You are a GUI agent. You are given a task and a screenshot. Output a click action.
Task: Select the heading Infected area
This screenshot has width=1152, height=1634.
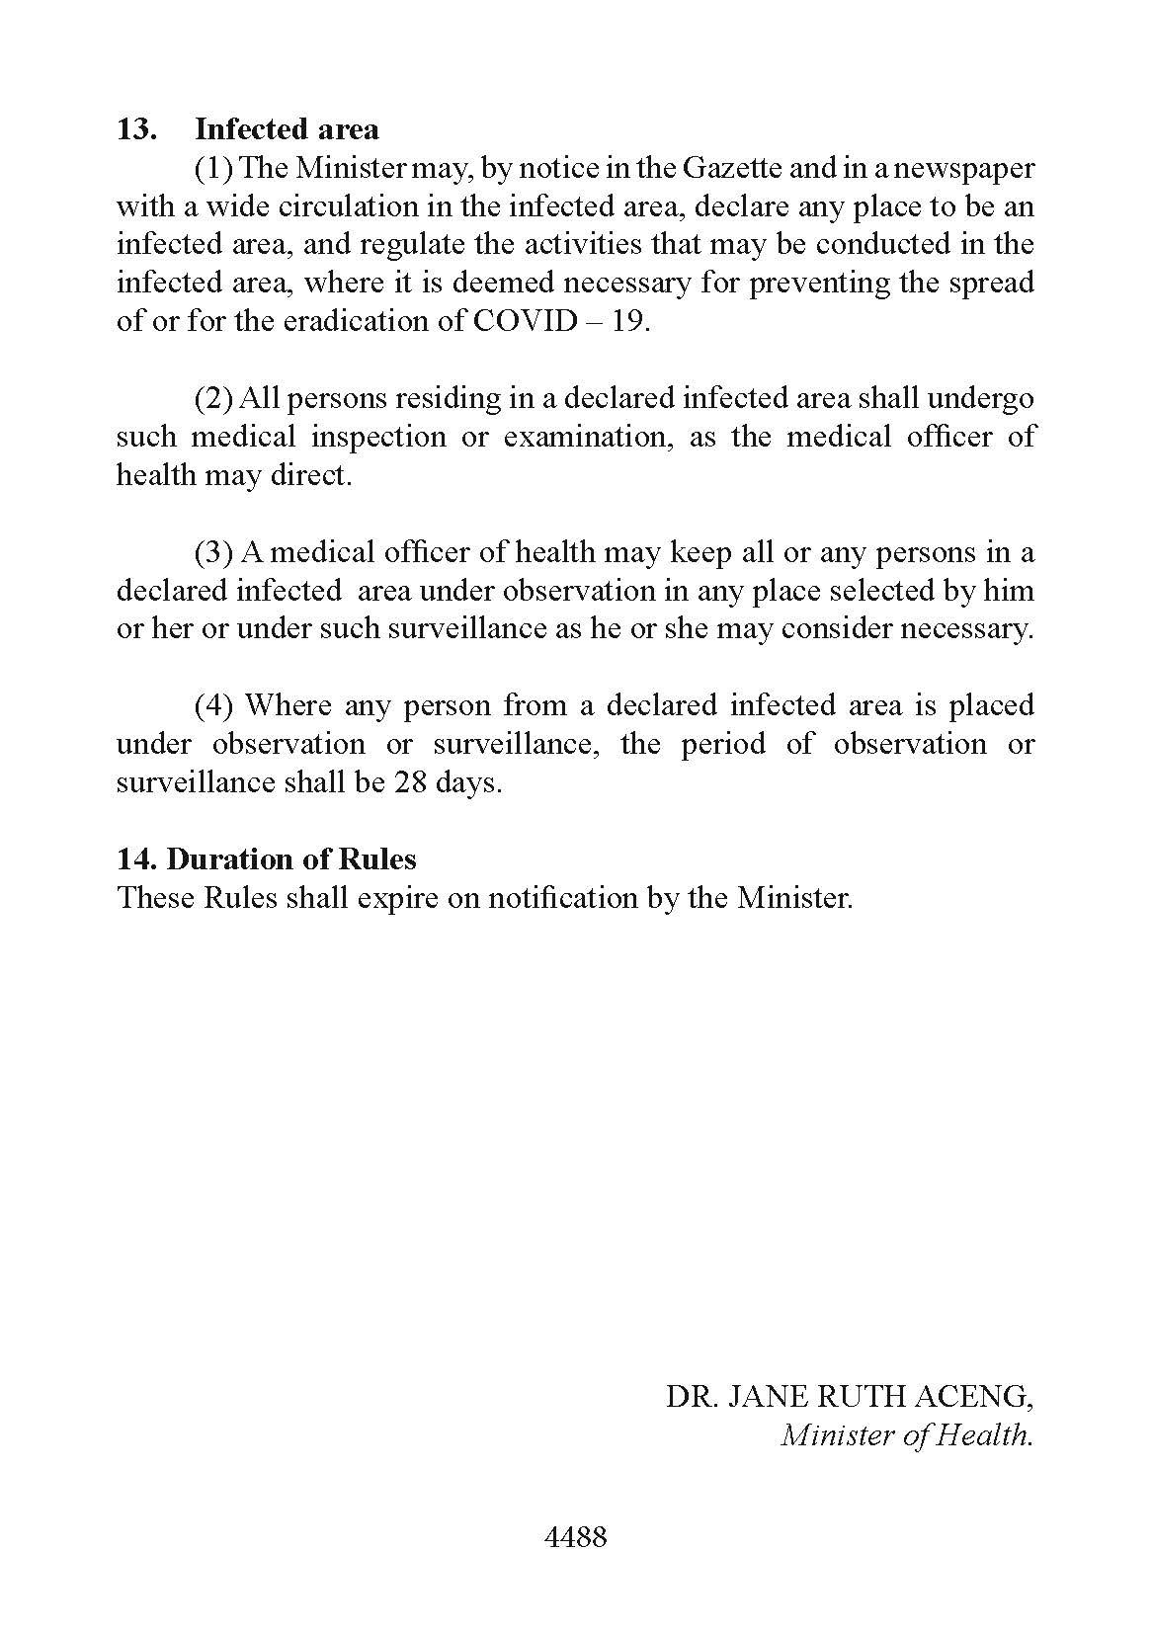287,129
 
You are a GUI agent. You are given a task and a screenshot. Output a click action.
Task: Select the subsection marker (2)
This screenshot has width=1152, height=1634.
213,399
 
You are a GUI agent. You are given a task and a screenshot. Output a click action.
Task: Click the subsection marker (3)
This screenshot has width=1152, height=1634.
213,552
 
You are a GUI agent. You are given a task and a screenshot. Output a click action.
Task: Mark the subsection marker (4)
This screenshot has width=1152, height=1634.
213,705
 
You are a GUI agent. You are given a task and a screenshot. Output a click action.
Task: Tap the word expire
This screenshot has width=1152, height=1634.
390,898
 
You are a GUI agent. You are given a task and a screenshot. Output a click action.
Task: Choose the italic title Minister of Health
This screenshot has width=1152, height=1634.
906,1434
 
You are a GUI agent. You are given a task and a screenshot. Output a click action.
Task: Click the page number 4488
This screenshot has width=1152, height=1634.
575,1537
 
